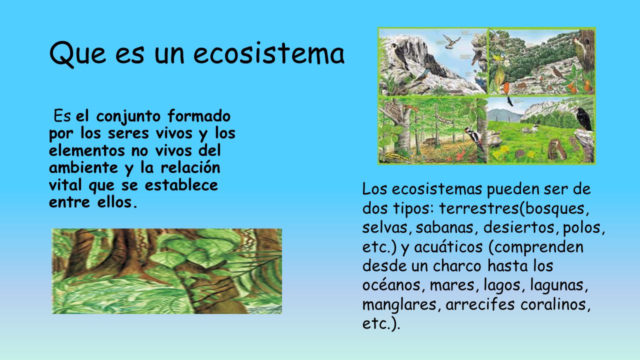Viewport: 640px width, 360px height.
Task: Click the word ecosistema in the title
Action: coord(269,53)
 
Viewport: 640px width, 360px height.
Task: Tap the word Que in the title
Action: coord(77,54)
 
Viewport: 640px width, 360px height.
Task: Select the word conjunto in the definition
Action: coord(128,117)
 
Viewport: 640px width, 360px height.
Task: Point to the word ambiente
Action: coord(83,167)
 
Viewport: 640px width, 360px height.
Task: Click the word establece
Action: coord(181,185)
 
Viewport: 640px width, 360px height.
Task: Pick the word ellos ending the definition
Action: coord(114,202)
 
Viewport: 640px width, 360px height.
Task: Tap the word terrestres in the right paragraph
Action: coord(478,208)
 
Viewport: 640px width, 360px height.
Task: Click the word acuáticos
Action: coord(448,247)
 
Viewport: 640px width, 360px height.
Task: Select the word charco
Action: coord(457,266)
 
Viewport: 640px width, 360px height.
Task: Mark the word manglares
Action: coord(399,304)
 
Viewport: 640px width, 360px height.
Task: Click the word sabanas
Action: coord(444,227)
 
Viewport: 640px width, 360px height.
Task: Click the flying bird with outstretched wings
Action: coord(451,41)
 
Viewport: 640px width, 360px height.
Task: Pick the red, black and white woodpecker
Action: coord(474,138)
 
